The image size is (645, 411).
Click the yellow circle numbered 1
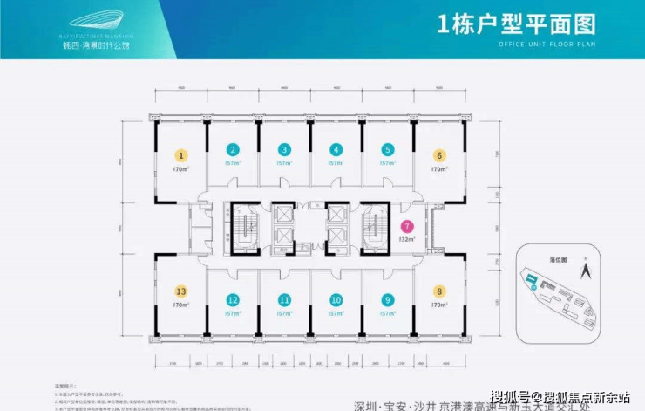point(181,154)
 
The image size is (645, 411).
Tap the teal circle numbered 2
point(233,149)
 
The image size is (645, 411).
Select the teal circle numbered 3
point(285,149)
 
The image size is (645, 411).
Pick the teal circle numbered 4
point(336,149)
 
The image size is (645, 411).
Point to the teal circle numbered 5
point(388,149)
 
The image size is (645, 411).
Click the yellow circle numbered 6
point(440,154)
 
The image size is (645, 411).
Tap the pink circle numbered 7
point(405,226)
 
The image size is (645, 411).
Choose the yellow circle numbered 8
point(440,293)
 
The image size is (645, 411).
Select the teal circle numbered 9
point(388,299)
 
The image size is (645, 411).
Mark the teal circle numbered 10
point(336,299)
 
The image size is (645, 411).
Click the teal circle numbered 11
point(285,299)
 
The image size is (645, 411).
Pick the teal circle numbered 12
point(233,299)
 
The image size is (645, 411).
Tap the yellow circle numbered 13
point(181,293)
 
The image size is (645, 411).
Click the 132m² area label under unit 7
point(405,236)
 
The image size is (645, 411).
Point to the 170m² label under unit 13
point(181,306)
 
